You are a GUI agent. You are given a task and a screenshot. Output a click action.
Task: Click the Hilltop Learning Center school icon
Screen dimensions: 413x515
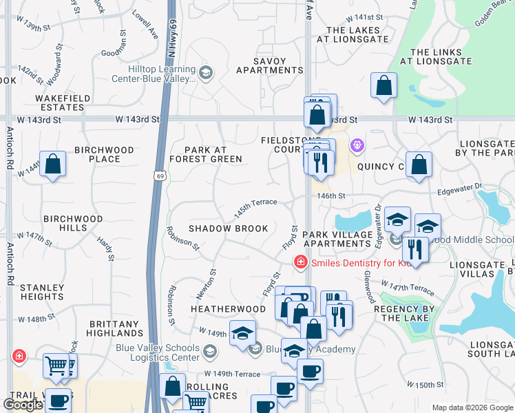tap(205, 72)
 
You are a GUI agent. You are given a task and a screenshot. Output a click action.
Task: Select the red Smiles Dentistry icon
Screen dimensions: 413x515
tap(299, 262)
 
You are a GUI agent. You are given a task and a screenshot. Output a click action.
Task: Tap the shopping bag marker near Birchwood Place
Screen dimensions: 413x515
tap(52, 165)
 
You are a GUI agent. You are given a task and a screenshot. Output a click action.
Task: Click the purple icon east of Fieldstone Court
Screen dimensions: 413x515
tap(357, 146)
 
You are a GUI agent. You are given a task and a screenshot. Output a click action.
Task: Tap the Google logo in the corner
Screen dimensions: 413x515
tap(23, 405)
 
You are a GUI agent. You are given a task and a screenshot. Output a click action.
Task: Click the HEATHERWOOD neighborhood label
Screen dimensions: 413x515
tap(218, 310)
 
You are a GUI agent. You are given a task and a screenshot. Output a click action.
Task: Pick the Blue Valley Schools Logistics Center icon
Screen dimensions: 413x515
tap(209, 352)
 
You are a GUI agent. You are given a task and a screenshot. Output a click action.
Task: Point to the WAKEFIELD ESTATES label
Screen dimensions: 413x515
tap(63, 103)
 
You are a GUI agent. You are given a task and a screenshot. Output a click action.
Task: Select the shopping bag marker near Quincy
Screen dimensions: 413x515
tap(418, 165)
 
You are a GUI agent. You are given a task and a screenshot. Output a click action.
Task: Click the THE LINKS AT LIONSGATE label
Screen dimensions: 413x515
tap(441, 56)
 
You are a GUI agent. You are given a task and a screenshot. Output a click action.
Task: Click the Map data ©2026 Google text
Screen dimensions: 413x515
tap(472, 407)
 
